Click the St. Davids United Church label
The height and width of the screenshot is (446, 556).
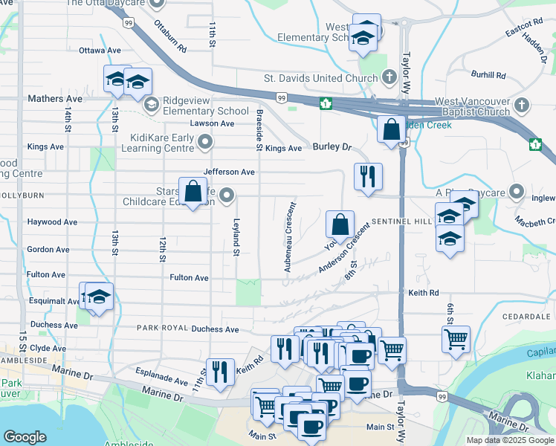(x=321, y=78)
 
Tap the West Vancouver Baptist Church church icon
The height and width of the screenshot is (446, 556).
(x=523, y=105)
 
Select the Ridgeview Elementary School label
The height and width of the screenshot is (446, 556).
(x=205, y=106)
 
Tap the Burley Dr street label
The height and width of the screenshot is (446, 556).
(x=332, y=147)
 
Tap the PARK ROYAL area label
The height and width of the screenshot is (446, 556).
(x=159, y=328)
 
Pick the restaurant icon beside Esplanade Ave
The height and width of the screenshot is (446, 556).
(x=219, y=371)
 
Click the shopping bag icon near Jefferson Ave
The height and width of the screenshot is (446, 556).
(x=193, y=191)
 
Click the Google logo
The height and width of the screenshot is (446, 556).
(x=25, y=437)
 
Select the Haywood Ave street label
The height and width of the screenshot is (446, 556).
(x=52, y=222)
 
